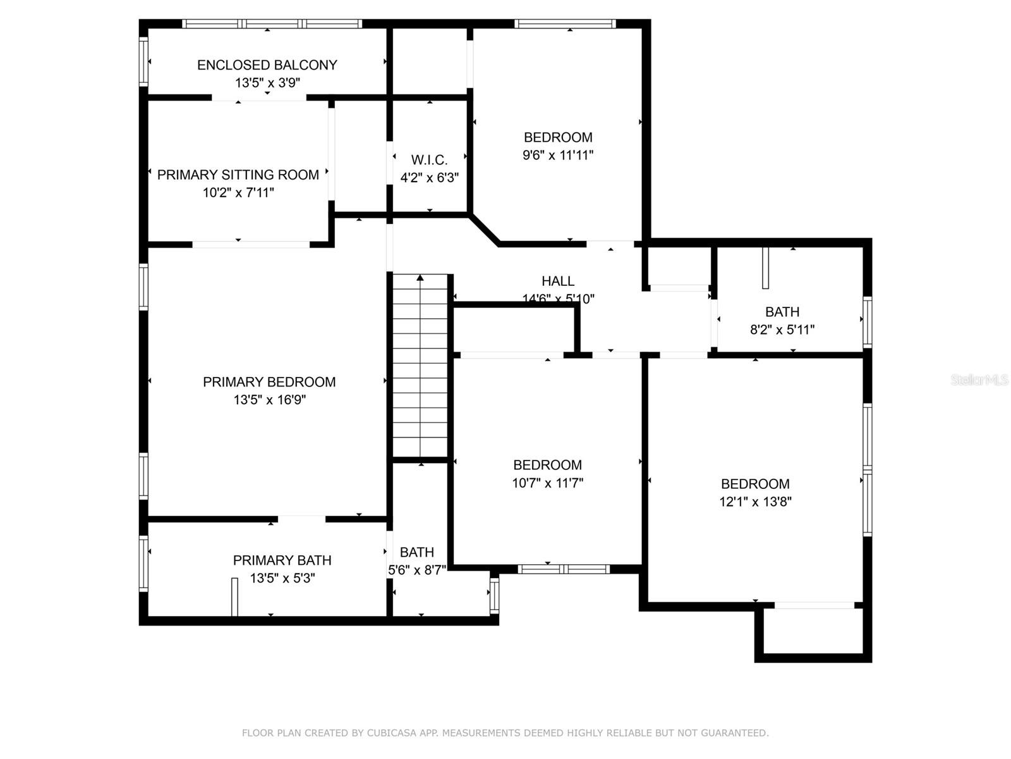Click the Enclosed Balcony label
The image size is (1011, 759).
point(267,65)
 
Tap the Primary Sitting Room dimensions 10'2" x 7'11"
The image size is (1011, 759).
point(238,192)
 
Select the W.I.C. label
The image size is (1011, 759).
point(429,160)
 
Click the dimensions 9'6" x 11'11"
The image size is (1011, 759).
point(558,155)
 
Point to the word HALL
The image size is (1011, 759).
point(558,281)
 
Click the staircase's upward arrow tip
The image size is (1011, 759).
point(420,277)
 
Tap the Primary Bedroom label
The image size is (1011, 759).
point(269,382)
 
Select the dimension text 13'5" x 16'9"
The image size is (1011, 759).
point(269,400)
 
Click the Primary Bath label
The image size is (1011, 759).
point(282,560)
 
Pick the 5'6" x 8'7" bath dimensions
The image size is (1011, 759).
point(417,569)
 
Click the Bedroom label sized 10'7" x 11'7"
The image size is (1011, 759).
point(547,466)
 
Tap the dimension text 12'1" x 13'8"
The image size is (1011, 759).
point(755,502)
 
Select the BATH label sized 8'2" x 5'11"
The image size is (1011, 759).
point(782,312)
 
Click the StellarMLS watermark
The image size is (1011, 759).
point(979,380)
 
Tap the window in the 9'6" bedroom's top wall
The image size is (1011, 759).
point(565,24)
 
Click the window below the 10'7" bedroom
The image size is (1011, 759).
point(564,569)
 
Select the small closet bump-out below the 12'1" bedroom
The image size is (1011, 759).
point(813,632)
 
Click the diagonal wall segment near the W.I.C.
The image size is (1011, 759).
point(485,230)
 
